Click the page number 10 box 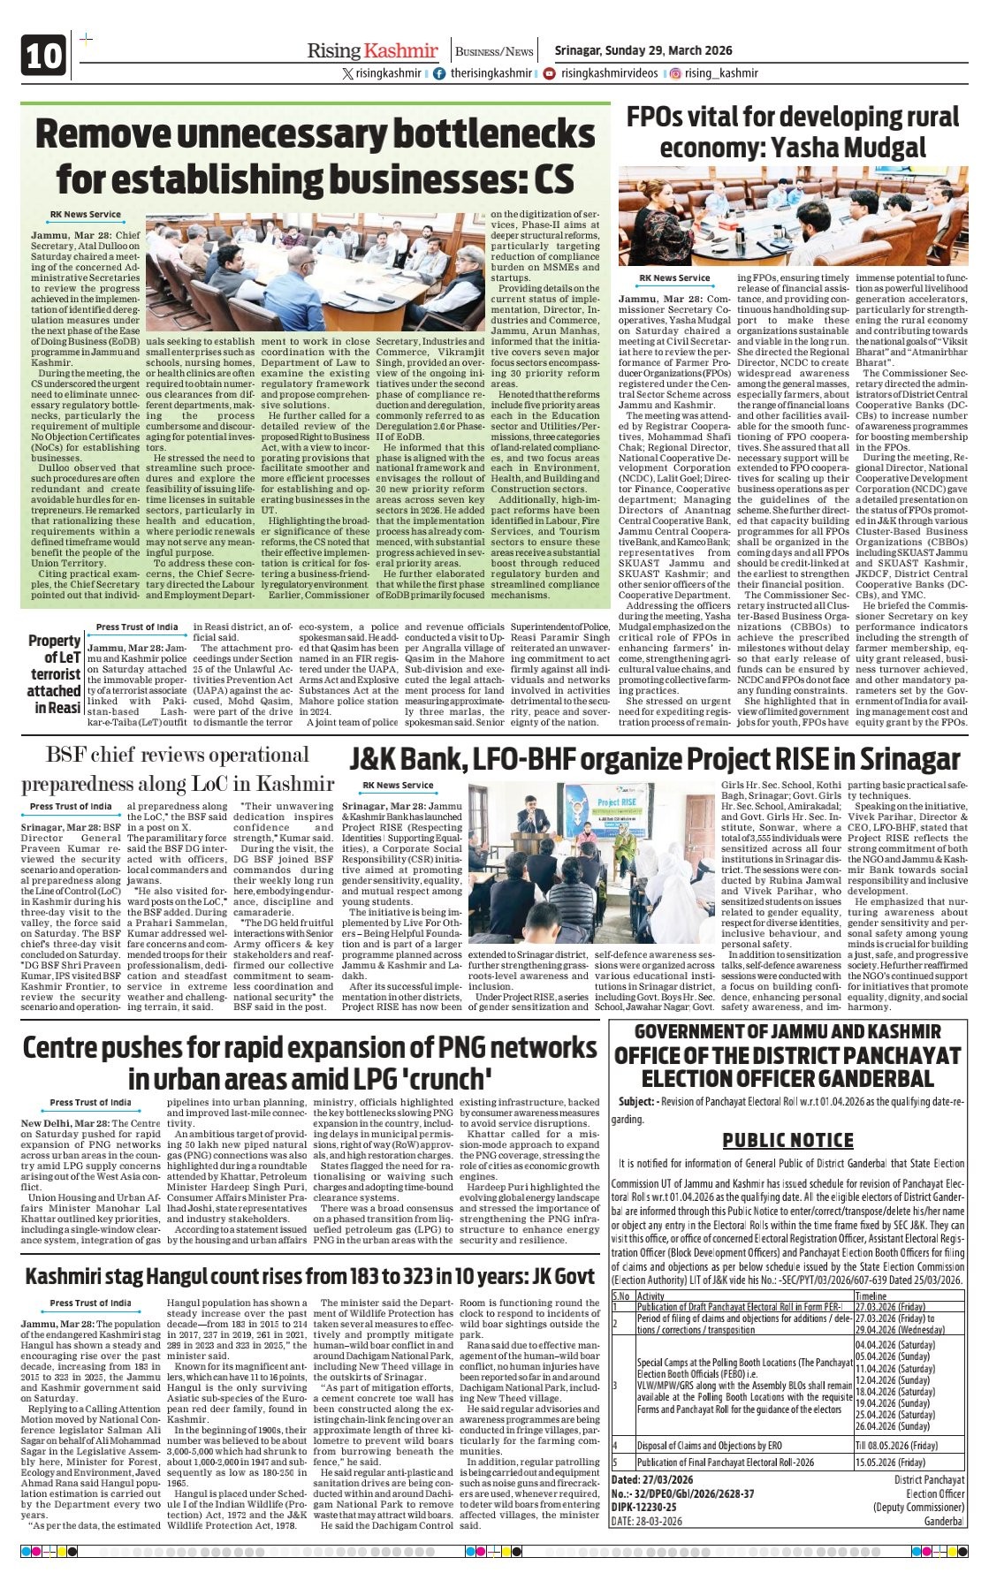point(43,56)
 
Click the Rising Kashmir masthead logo point(372,50)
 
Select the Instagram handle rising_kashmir point(720,73)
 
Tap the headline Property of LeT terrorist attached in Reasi point(54,673)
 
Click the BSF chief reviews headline point(177,769)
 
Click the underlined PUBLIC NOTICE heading point(787,1140)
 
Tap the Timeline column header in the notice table point(871,1296)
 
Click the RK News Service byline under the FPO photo point(675,277)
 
